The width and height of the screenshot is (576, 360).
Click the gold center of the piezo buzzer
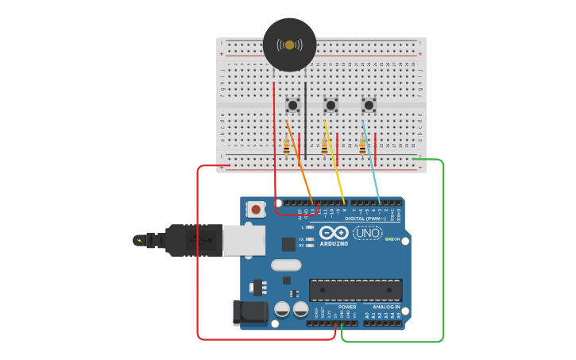[289, 45]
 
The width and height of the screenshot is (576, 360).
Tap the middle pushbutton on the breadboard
[331, 105]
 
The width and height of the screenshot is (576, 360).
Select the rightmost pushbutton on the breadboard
[369, 105]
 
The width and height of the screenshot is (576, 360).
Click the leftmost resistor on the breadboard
[287, 146]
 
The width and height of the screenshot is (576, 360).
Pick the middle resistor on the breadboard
[325, 146]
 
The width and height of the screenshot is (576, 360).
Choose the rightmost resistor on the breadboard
[362, 146]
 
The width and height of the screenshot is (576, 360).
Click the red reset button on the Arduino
[257, 210]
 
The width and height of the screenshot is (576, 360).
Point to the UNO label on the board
[367, 233]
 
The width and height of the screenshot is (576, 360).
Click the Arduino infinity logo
[334, 233]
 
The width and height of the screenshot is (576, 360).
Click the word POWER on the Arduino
[347, 307]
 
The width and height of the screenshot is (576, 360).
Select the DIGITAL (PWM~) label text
[365, 219]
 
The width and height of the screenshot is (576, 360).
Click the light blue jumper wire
[372, 163]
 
